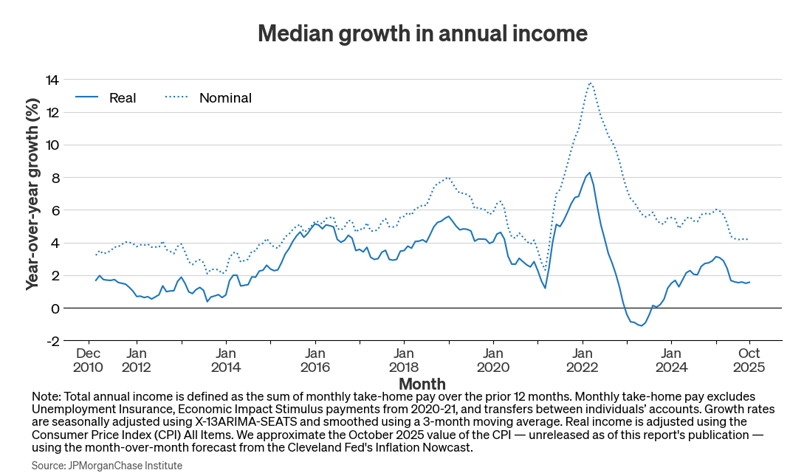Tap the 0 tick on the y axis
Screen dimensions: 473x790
[55, 308]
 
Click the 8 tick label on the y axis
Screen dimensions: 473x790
[55, 177]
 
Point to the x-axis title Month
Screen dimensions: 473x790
[422, 384]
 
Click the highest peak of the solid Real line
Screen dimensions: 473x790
[589, 173]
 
